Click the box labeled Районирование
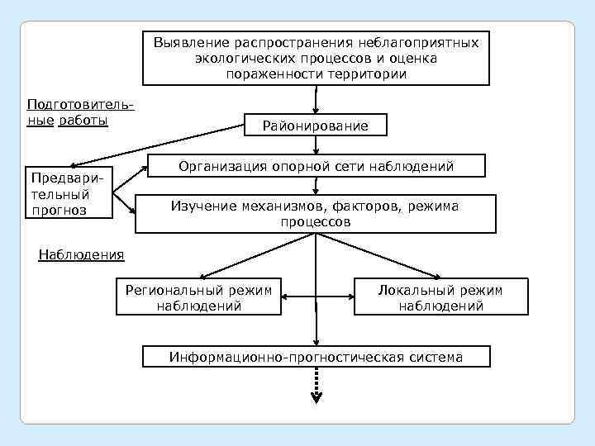[315, 126]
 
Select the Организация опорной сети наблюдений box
[316, 167]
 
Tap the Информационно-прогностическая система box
[316, 357]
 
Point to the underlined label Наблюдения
[82, 254]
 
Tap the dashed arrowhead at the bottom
[316, 397]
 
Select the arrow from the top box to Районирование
[316, 99]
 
